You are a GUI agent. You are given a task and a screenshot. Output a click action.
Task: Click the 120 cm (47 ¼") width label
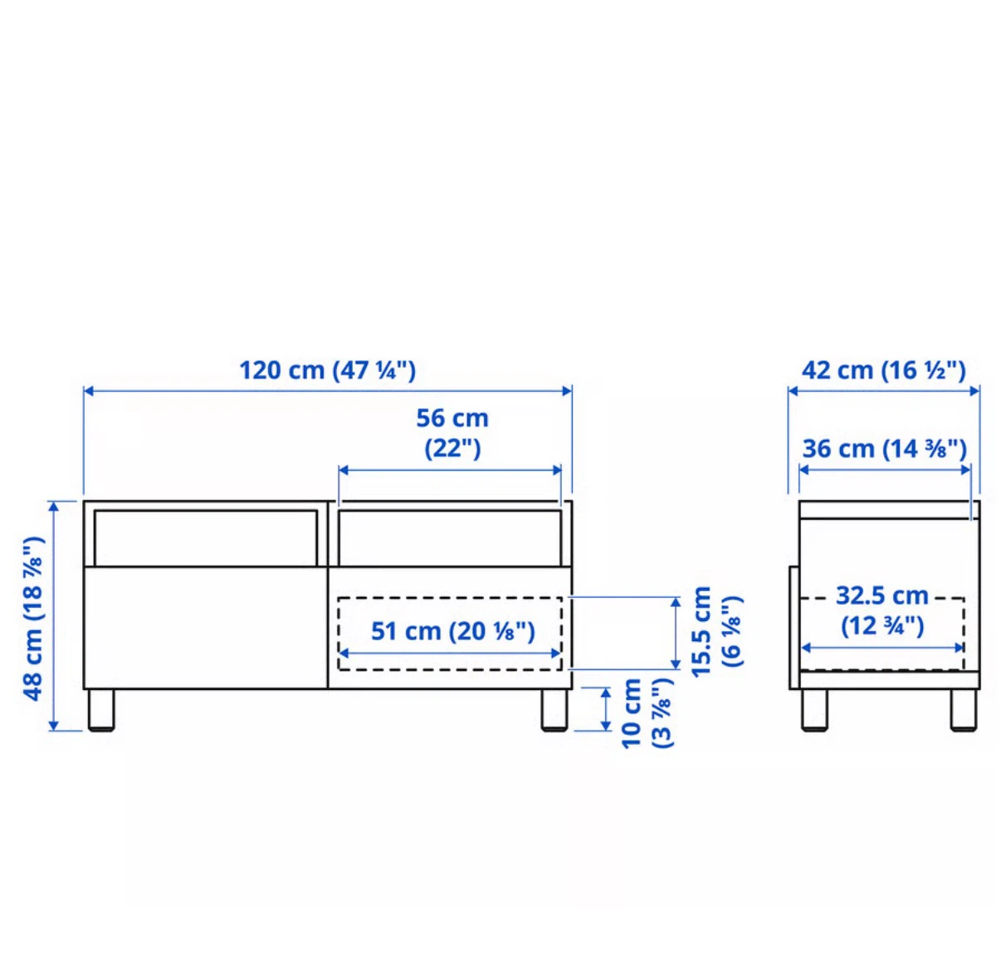click(328, 370)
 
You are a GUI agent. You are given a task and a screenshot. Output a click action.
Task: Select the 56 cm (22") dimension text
click(452, 433)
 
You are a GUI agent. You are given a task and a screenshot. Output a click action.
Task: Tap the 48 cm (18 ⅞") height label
click(34, 618)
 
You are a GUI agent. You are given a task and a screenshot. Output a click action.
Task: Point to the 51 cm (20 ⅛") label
click(452, 631)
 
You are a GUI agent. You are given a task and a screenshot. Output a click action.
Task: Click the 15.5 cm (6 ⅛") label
click(715, 631)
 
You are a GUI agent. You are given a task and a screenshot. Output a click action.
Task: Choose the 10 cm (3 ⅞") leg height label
click(646, 712)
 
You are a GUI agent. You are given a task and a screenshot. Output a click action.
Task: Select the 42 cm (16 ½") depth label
click(884, 370)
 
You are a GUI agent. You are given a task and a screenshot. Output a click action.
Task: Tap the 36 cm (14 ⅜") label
click(884, 448)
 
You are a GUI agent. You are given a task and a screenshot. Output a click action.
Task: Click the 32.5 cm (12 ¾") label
click(882, 611)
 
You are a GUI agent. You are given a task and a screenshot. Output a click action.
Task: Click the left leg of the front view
click(100, 709)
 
